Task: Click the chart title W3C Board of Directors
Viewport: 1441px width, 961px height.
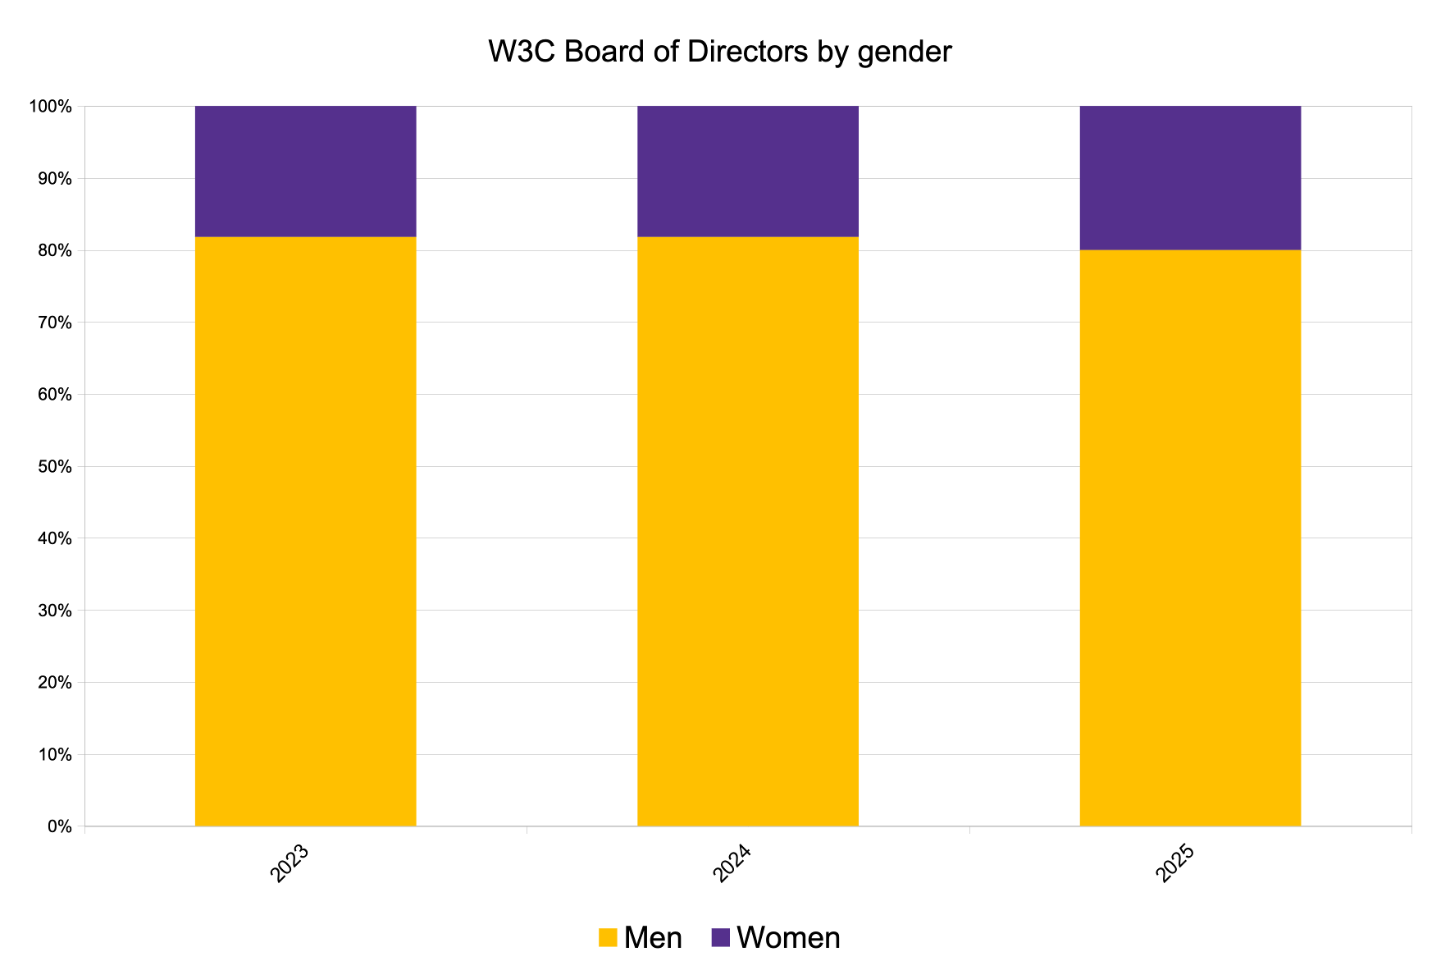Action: pos(719,52)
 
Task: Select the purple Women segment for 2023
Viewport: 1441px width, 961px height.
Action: pos(305,171)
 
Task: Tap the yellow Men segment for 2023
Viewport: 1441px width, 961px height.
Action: pos(305,531)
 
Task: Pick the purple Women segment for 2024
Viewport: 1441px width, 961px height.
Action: pos(747,171)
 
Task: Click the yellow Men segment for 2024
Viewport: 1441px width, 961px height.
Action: pos(747,531)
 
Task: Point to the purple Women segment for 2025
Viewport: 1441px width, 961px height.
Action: pos(1189,177)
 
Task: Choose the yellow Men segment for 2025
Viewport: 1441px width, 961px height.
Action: pos(1189,538)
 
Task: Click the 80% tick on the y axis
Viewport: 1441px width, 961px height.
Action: pos(54,250)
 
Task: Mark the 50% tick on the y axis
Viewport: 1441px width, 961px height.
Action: pos(54,467)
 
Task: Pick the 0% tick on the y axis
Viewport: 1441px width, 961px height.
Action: pos(58,826)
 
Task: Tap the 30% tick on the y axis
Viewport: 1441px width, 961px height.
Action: pos(54,611)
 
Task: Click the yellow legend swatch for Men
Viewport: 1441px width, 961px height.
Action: pos(607,937)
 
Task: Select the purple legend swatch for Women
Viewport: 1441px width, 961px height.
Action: pos(720,937)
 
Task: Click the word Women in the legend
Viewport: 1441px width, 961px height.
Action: pos(788,937)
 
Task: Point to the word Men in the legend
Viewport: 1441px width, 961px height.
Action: pos(653,937)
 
